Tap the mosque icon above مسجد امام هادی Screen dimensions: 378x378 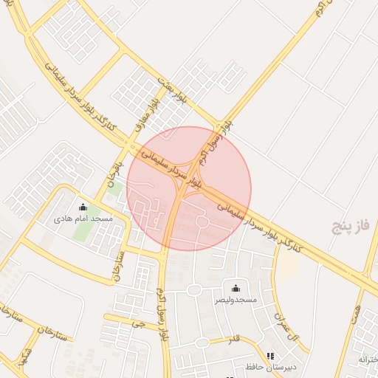coord(83,207)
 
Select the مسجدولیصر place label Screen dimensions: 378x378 coord(236,300)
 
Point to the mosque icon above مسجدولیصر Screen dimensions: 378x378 coord(236,288)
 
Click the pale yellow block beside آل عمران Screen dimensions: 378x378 coord(287,267)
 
